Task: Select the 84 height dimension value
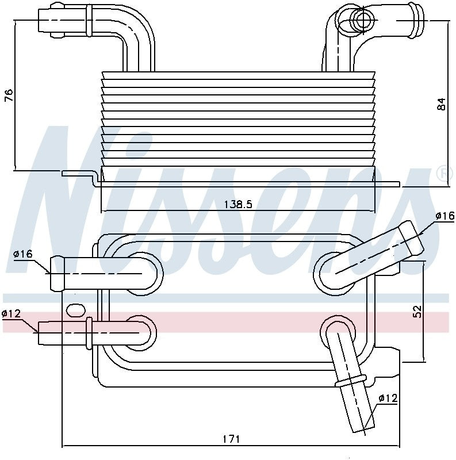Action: click(440, 104)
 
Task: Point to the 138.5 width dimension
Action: click(237, 204)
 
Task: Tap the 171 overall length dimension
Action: click(231, 439)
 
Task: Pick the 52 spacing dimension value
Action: click(417, 311)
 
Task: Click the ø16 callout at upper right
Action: click(444, 216)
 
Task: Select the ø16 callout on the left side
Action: click(22, 253)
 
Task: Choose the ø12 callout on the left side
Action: click(11, 313)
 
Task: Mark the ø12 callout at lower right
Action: click(388, 398)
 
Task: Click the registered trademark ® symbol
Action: click(444, 174)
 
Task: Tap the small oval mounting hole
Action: click(75, 310)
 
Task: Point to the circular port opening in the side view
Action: click(363, 20)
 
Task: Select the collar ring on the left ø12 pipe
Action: click(89, 333)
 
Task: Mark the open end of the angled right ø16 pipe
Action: click(412, 237)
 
